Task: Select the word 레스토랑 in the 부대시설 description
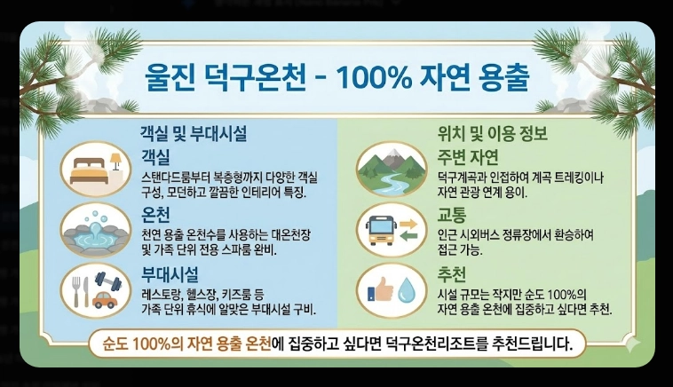(x=162, y=293)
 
